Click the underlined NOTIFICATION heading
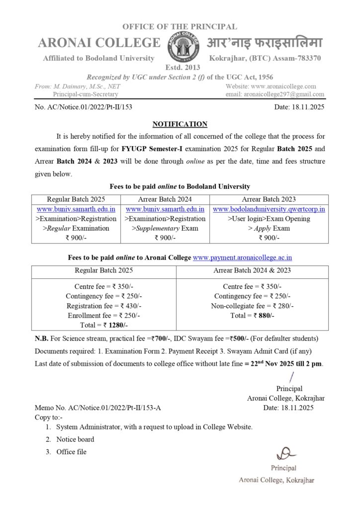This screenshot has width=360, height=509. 180,124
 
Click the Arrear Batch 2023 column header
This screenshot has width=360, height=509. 269,199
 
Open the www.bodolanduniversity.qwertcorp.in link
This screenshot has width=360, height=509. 269,209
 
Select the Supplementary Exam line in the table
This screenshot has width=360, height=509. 165,228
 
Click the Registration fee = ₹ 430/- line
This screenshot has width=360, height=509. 104,306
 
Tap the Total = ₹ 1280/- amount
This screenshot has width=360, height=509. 104,325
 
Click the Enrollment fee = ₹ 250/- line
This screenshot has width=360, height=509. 104,315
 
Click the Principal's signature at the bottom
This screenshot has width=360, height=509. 283,453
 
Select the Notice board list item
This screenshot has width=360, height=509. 75,439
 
